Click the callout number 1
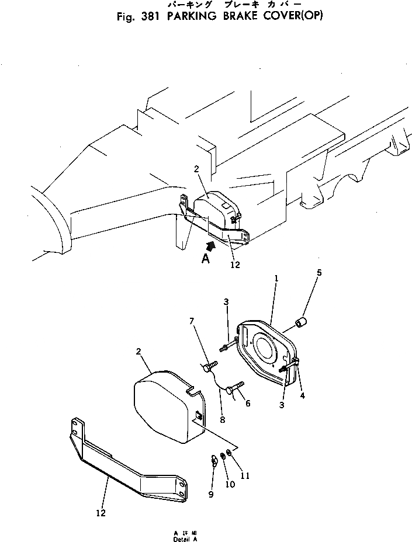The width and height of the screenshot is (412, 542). pos(276,280)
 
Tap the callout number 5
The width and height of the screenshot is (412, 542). pos(319,272)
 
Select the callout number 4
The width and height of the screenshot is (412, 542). pos(302,395)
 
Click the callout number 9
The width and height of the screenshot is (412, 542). pos(212,495)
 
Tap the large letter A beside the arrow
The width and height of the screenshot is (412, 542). pos(205,259)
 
